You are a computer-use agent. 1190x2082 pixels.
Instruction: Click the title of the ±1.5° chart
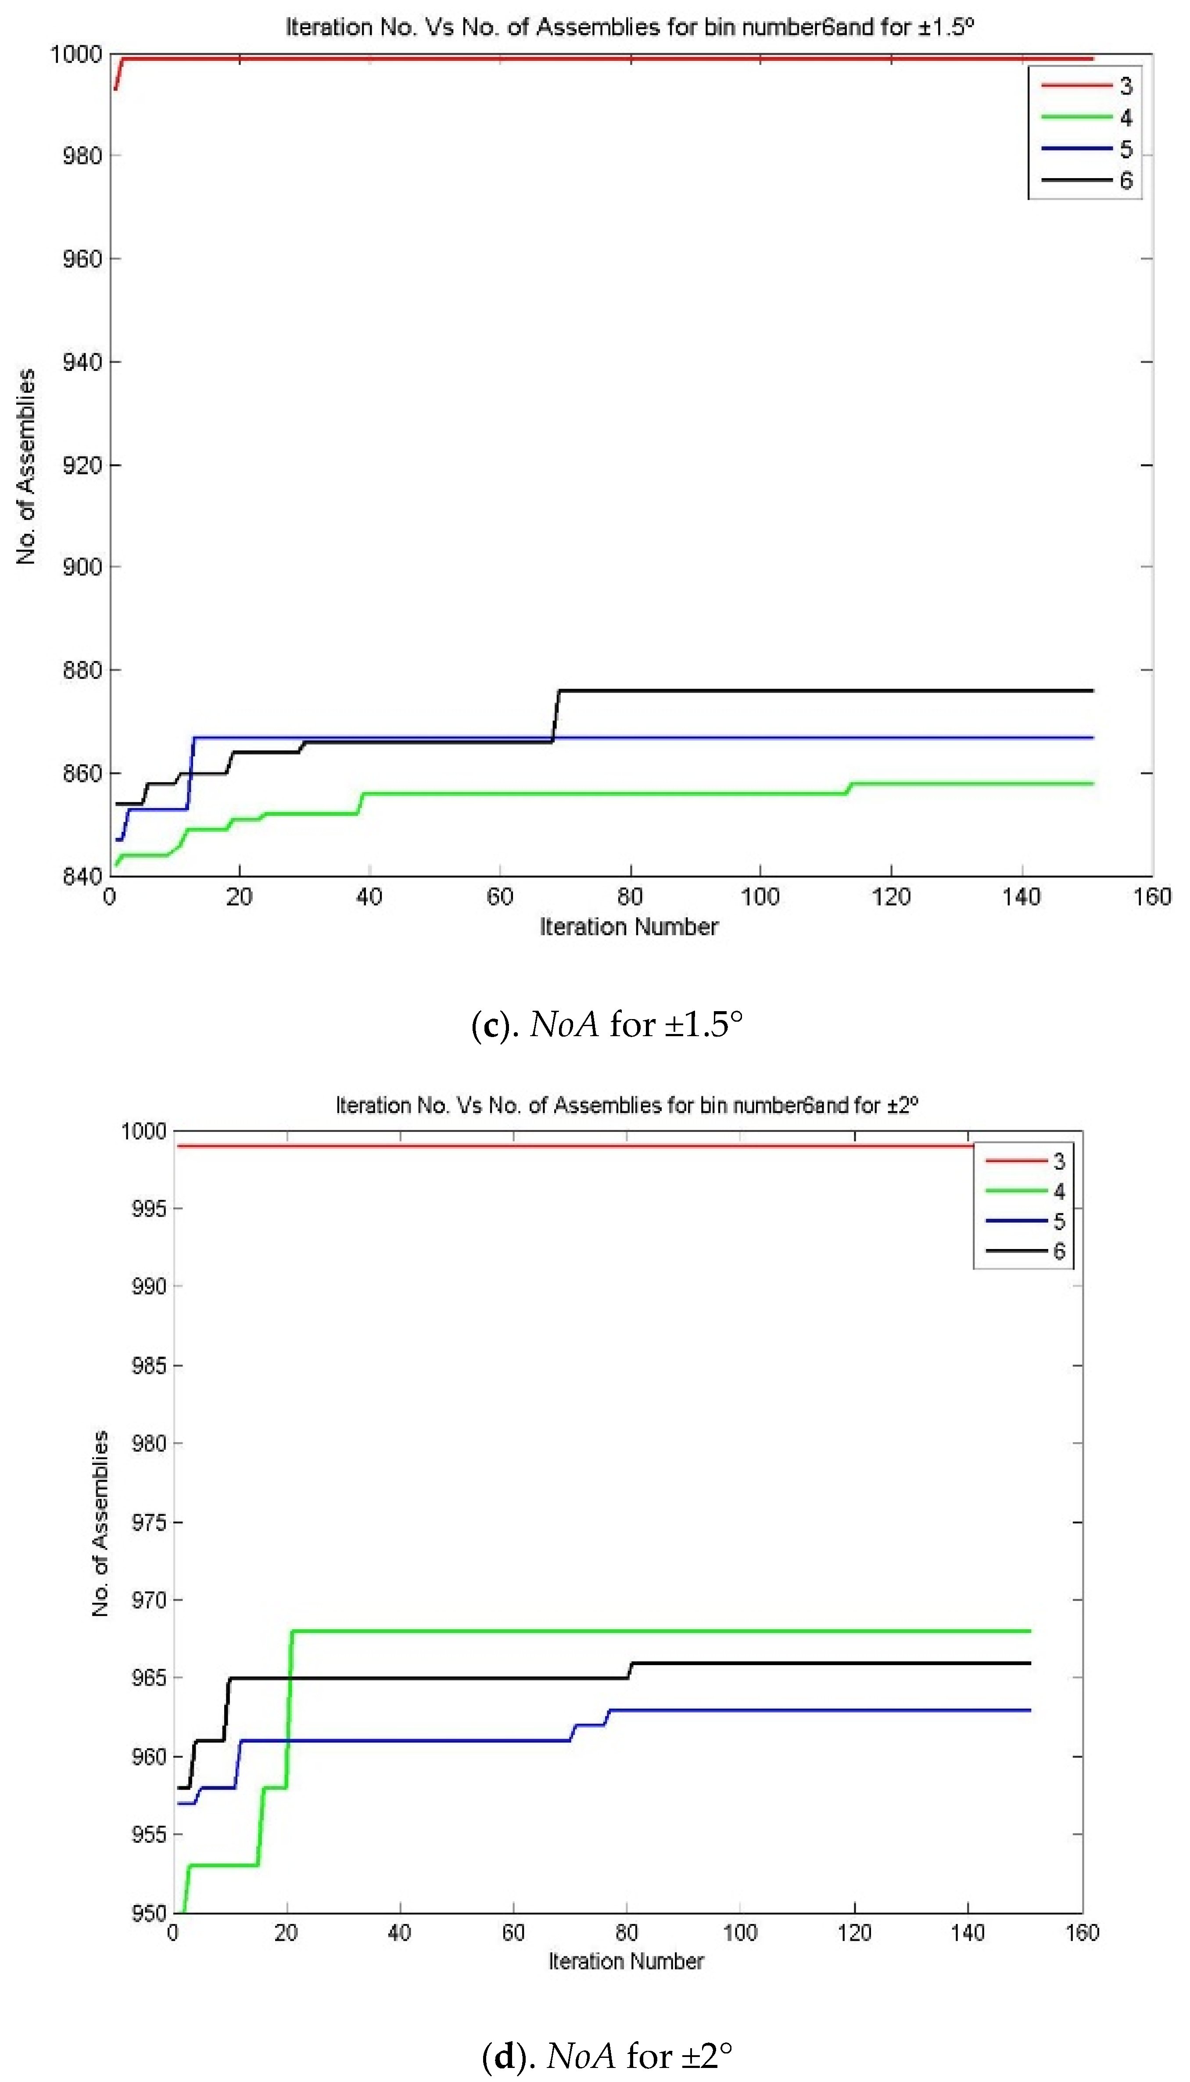[x=629, y=27]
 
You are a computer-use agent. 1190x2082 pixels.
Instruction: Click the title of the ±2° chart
[x=627, y=1105]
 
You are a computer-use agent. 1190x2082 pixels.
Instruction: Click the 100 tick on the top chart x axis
[x=760, y=897]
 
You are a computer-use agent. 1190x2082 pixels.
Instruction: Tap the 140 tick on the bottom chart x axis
[x=968, y=1932]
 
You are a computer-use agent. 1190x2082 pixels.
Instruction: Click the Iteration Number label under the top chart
[x=628, y=927]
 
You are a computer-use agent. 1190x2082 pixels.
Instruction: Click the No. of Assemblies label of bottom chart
[x=100, y=1524]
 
